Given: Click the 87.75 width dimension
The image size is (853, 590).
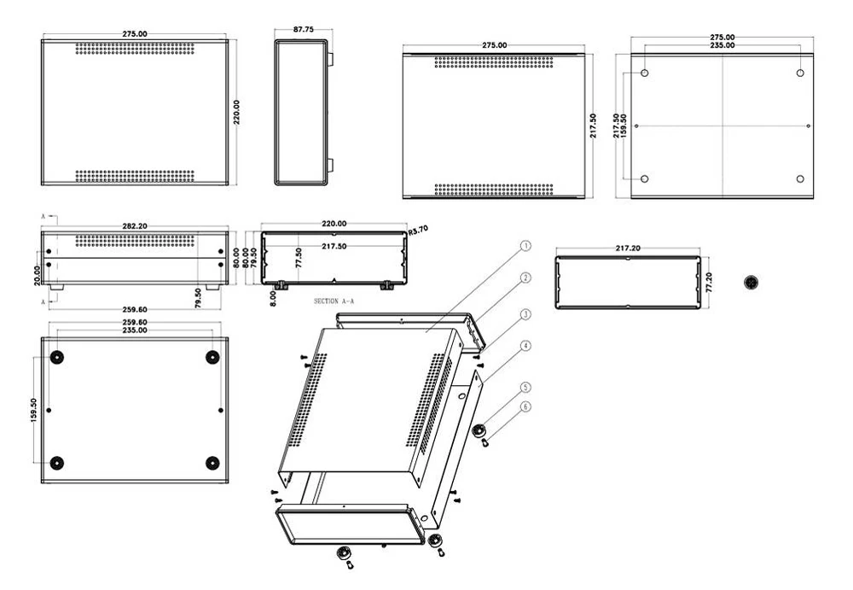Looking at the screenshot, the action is pyautogui.click(x=303, y=29).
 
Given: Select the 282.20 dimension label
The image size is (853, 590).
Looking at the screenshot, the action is pyautogui.click(x=135, y=225).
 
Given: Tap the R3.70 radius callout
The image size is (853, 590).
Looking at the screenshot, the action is pyautogui.click(x=418, y=230).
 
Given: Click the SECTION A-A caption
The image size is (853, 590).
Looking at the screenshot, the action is pyautogui.click(x=334, y=301).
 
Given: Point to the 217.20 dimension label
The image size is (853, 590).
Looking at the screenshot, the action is pyautogui.click(x=628, y=248).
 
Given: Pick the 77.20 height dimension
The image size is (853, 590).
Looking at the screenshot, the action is pyautogui.click(x=709, y=283).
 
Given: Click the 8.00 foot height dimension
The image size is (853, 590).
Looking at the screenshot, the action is pyautogui.click(x=273, y=298).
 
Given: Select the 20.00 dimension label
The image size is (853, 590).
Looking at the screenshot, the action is pyautogui.click(x=37, y=275).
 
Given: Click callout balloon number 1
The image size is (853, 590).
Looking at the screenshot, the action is pyautogui.click(x=525, y=246).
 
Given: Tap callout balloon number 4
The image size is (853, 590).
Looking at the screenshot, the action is pyautogui.click(x=525, y=346).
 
